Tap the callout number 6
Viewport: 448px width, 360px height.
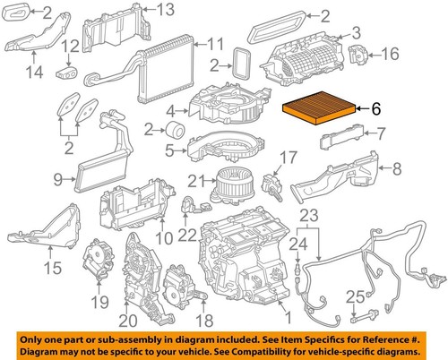[376, 110]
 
